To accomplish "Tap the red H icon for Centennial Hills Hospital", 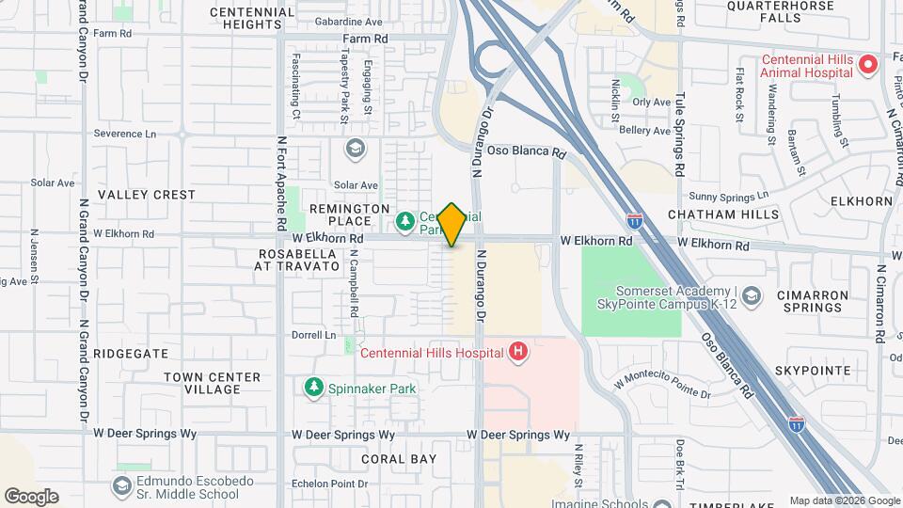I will pos(516,352).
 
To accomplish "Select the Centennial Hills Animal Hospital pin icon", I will pos(868,65).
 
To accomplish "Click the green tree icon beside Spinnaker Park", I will pos(312,387).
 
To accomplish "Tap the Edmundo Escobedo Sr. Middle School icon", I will pos(121,486).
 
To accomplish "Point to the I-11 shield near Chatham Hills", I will pos(636,221).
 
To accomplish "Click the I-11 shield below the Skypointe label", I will pos(796,423).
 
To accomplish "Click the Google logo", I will pos(31,497).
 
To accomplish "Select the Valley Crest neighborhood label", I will pos(147,195).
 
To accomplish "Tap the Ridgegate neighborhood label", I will pos(131,354).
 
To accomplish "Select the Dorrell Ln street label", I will pos(313,335).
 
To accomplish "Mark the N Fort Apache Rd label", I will pos(281,183).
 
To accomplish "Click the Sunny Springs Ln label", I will pos(728,196).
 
